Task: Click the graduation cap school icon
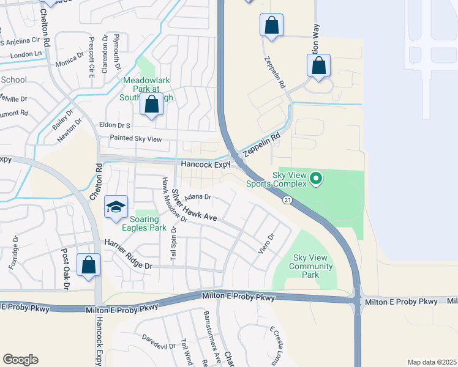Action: click(116, 207)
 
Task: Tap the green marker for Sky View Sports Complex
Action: click(316, 179)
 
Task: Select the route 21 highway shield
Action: click(287, 200)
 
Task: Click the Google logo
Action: click(20, 360)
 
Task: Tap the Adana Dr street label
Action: click(199, 197)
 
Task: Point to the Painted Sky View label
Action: click(135, 139)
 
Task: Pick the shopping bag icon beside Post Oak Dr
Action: click(89, 265)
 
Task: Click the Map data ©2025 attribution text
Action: click(432, 362)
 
